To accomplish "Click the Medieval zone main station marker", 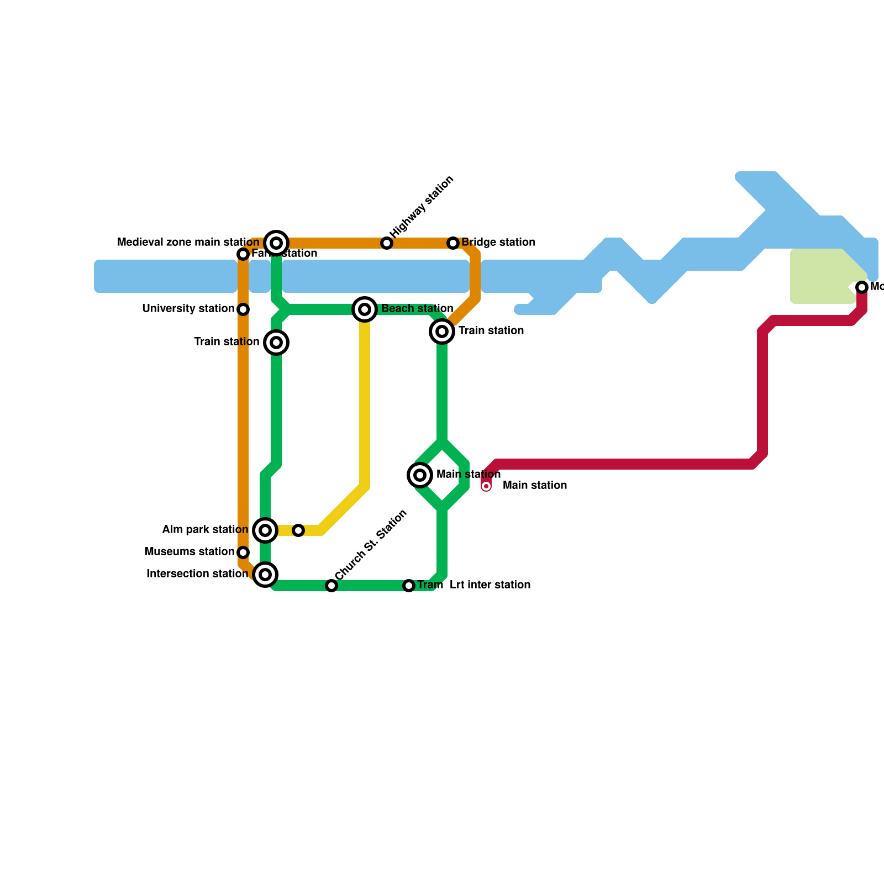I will point(276,243).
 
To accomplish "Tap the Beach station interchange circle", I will point(365,309).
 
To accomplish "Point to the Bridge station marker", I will point(453,243).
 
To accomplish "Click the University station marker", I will point(243,309).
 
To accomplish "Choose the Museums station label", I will point(189,552).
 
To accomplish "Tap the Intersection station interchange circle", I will point(265,575).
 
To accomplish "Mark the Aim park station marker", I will point(265,530).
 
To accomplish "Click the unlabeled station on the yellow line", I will point(298,530).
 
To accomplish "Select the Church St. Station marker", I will point(331,586).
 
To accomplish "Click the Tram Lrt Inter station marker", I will point(409,586).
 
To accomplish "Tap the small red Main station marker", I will point(486,486).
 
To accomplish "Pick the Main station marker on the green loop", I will point(420,475).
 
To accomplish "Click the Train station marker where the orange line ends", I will point(442,331).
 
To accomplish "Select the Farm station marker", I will point(243,254).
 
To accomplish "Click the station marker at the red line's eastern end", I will point(862,287).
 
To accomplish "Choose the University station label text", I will point(188,309).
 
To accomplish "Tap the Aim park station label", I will point(205,530).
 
